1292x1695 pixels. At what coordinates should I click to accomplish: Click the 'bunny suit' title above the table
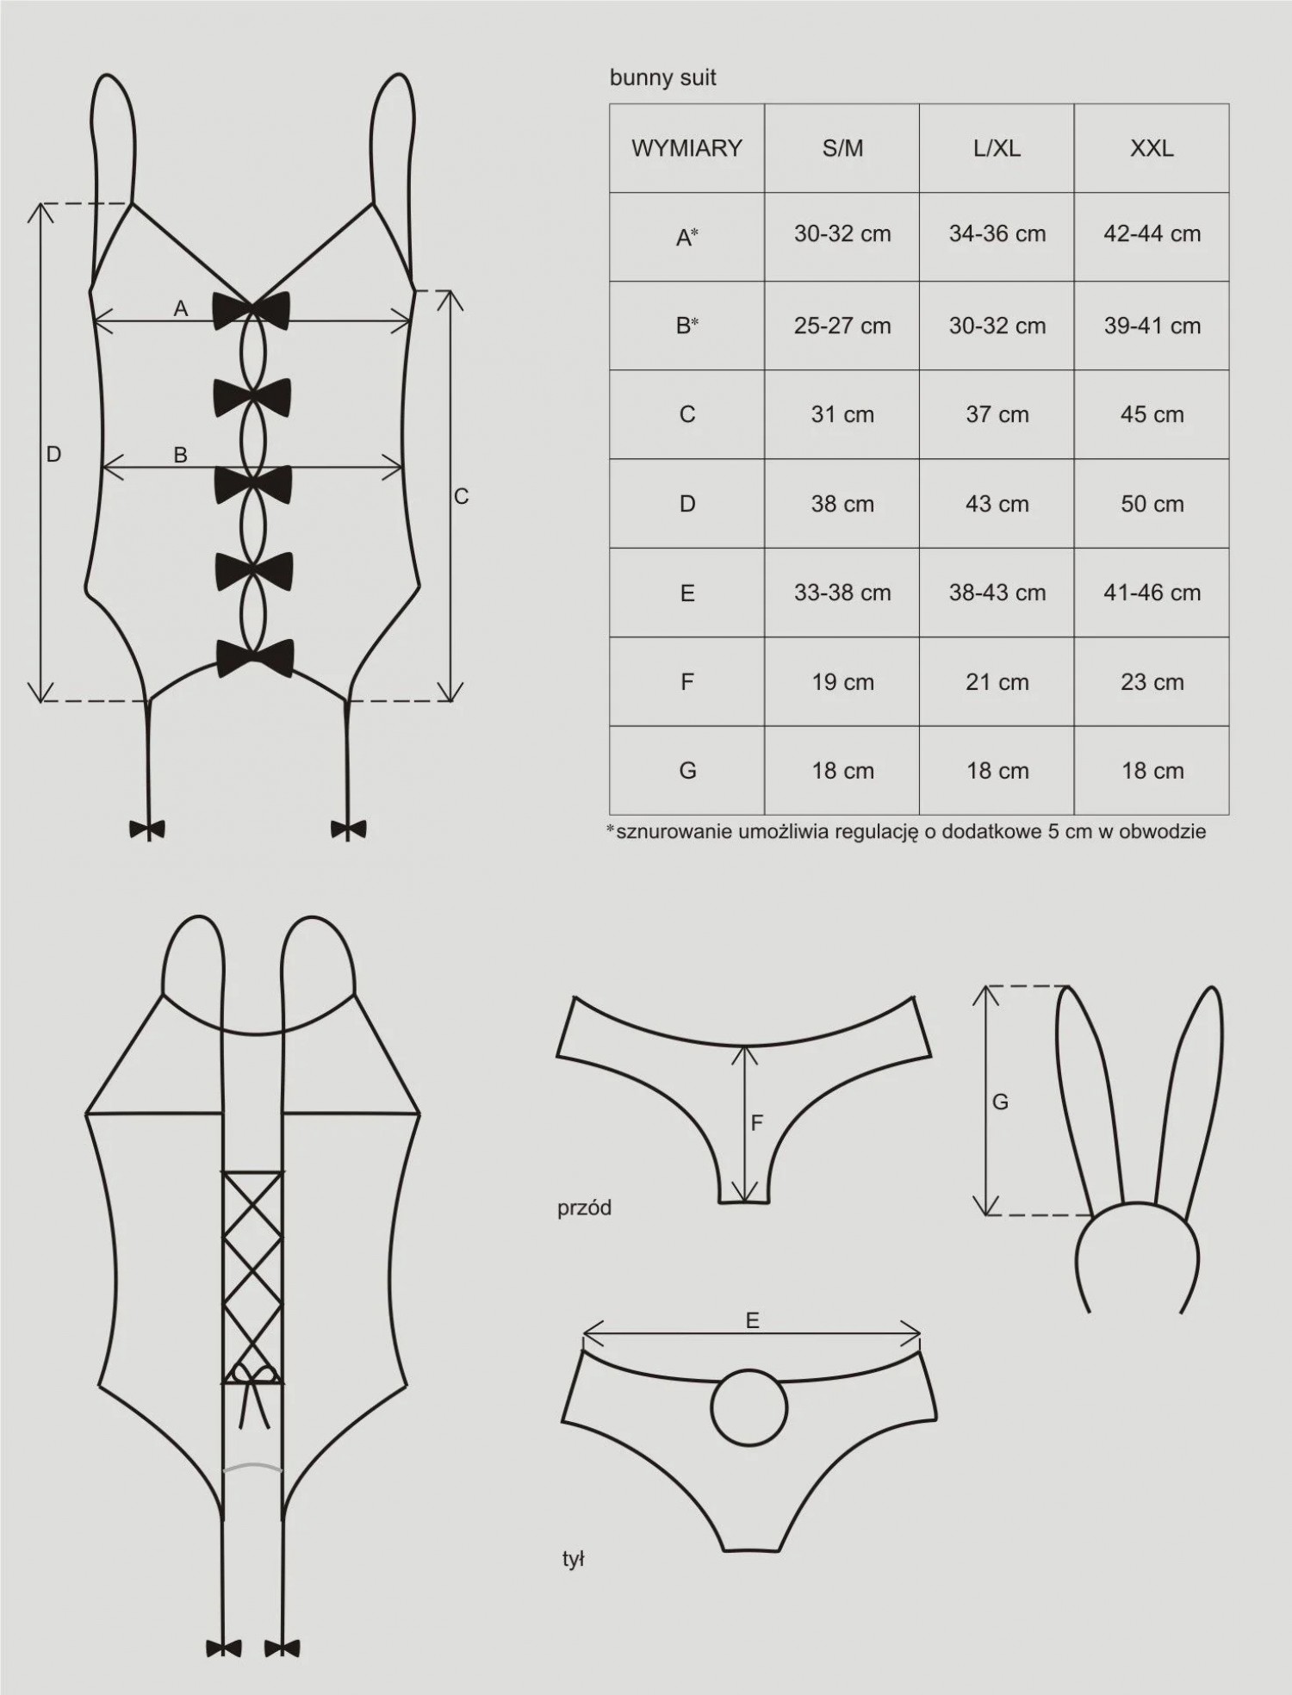[x=662, y=78]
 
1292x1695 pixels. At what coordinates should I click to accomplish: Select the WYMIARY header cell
[x=686, y=148]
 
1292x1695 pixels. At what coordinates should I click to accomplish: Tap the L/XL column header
[x=997, y=148]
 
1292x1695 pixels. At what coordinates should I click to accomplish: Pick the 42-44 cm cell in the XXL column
[x=1152, y=234]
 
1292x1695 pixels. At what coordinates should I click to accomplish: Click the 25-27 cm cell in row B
[x=842, y=326]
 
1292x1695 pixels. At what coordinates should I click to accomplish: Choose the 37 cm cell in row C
[x=997, y=414]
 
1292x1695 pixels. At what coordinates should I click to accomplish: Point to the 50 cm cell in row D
[x=1152, y=504]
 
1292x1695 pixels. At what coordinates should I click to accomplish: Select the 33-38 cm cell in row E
[x=842, y=593]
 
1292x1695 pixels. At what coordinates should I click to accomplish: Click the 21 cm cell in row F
[x=997, y=682]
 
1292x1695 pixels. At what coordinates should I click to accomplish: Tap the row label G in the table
[x=687, y=771]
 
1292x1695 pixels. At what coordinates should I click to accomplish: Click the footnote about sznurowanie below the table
[x=906, y=832]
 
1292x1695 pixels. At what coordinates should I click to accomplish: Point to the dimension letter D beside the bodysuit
[x=53, y=454]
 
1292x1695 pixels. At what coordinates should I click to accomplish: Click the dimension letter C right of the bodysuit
[x=461, y=497]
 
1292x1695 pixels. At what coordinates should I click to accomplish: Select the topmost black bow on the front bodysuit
[x=252, y=309]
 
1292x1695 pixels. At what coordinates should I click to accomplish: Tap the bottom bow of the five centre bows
[x=255, y=658]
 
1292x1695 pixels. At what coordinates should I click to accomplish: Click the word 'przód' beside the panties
[x=584, y=1208]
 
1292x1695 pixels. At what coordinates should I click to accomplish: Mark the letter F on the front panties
[x=757, y=1123]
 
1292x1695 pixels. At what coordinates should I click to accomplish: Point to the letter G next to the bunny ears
[x=1000, y=1102]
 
